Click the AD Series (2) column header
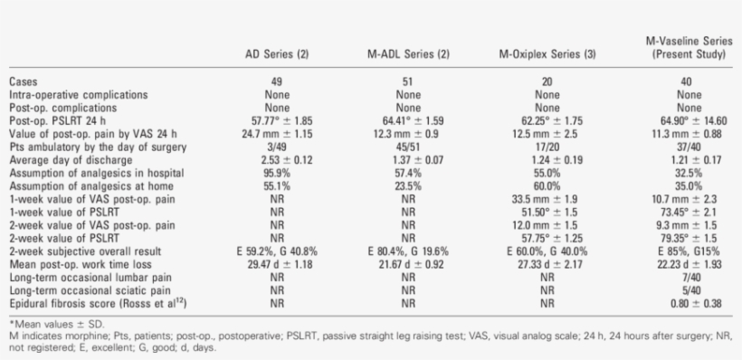(x=278, y=54)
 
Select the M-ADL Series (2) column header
(x=408, y=54)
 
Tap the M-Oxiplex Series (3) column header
(x=547, y=54)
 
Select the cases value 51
(x=408, y=81)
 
